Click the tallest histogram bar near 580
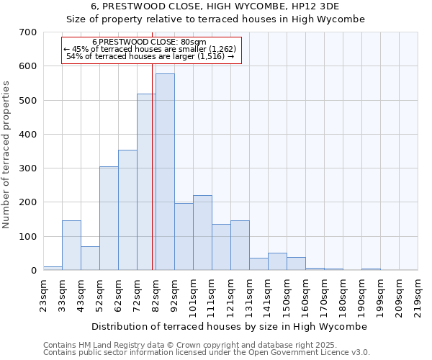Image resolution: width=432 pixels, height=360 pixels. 165,172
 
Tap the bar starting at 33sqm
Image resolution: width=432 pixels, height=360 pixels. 71,246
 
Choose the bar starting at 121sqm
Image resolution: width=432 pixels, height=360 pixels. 240,246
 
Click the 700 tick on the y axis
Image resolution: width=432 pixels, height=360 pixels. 28,32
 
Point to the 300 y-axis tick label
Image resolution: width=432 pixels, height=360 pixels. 28,168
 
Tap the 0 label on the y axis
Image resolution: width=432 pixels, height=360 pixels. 33,271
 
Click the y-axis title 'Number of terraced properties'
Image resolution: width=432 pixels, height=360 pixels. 7,155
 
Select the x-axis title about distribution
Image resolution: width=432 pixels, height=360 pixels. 230,326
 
